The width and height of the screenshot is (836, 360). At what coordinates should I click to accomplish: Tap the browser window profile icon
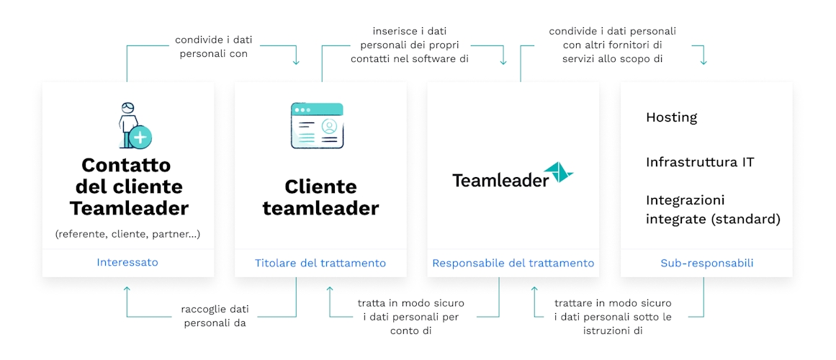[x=317, y=125]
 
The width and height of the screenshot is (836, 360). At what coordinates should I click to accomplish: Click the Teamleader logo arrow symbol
[x=558, y=174]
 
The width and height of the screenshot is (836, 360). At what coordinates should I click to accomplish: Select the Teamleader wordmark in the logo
[x=500, y=180]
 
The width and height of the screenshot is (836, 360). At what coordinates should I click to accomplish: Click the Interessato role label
[x=127, y=262]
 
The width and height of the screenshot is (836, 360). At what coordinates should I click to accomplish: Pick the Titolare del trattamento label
[x=320, y=263]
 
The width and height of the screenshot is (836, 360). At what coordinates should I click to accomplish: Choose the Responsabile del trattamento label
[x=513, y=263]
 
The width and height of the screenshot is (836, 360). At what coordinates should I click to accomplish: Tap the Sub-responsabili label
[x=706, y=263]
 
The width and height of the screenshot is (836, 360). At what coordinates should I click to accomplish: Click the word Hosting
[x=671, y=117]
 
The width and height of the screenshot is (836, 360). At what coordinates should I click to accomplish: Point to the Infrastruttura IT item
[x=700, y=161]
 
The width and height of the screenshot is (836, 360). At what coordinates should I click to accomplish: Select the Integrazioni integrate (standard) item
[x=713, y=210]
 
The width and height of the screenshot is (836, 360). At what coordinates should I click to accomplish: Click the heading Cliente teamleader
[x=320, y=197]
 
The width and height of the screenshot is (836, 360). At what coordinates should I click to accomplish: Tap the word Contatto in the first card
[x=126, y=165]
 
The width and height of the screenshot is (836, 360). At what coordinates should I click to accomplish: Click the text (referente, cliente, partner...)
[x=127, y=233]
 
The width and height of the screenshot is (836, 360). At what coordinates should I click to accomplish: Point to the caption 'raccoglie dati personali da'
[x=215, y=317]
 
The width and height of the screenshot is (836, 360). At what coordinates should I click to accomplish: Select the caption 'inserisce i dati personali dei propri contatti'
[x=409, y=45]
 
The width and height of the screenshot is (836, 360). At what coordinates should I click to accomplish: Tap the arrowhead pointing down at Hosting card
[x=704, y=62]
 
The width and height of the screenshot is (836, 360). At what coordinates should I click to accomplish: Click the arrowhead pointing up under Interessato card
[x=127, y=290]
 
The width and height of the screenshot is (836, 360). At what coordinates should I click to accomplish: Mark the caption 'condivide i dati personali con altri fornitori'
[x=612, y=45]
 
